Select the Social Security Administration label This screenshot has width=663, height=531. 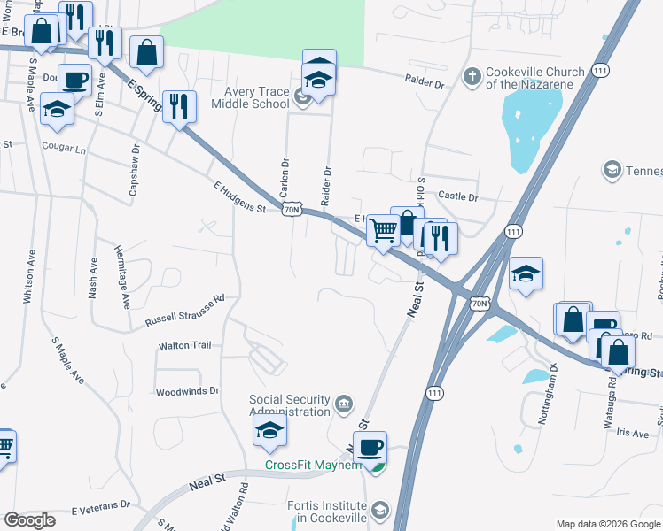pyautogui.click(x=289, y=405)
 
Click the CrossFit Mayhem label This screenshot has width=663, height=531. pyautogui.click(x=313, y=465)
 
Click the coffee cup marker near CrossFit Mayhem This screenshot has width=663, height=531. pyautogui.click(x=370, y=447)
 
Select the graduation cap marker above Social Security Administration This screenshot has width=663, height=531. pyautogui.click(x=269, y=432)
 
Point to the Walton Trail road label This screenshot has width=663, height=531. pyautogui.click(x=184, y=345)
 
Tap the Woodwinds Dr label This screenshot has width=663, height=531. pyautogui.click(x=187, y=390)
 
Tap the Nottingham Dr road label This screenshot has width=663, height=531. pyautogui.click(x=547, y=394)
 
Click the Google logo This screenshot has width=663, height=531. pyautogui.click(x=29, y=520)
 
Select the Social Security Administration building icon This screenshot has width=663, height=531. pyautogui.click(x=344, y=405)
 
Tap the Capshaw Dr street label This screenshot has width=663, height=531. pyautogui.click(x=134, y=171)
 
